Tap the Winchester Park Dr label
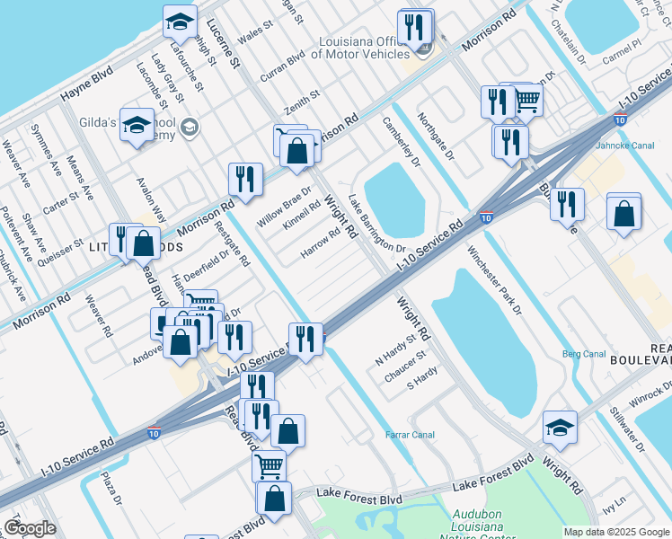pyautogui.click(x=493, y=279)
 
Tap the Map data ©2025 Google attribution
pyautogui.click(x=616, y=532)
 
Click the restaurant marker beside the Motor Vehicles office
pyautogui.click(x=414, y=28)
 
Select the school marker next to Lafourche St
pyautogui.click(x=181, y=22)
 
